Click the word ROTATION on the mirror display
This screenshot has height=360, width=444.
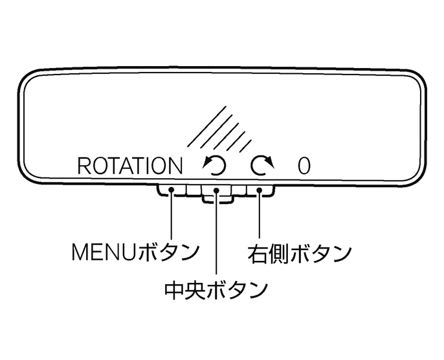(x=129, y=166)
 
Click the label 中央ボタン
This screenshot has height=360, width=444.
(x=216, y=289)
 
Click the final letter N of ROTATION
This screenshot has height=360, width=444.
(x=175, y=166)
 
